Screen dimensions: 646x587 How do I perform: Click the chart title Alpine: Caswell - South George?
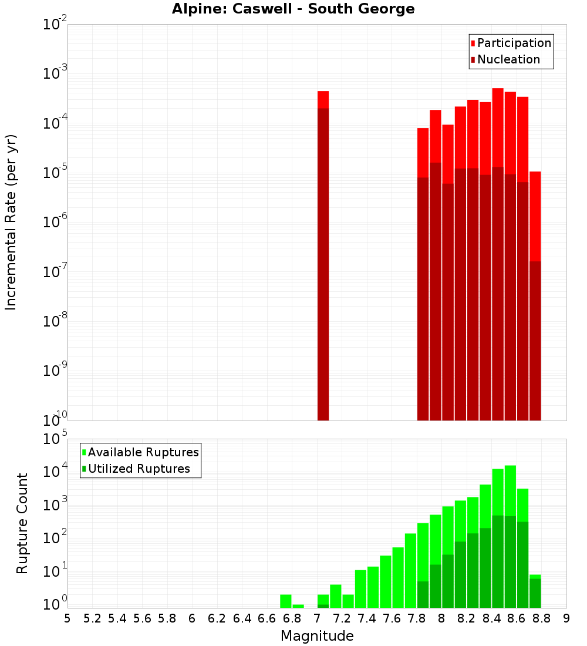point(293,9)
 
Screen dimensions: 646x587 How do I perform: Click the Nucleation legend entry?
point(508,59)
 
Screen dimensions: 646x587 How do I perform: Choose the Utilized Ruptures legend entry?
point(139,469)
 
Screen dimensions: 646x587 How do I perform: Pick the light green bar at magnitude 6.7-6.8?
point(286,601)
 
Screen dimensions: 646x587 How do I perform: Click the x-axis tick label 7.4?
point(367,618)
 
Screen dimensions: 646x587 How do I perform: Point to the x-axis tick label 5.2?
point(92,618)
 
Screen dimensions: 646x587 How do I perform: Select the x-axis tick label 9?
point(566,618)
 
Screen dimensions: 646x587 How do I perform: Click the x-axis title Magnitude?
point(317,636)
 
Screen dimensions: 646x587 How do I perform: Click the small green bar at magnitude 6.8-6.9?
point(298,606)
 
